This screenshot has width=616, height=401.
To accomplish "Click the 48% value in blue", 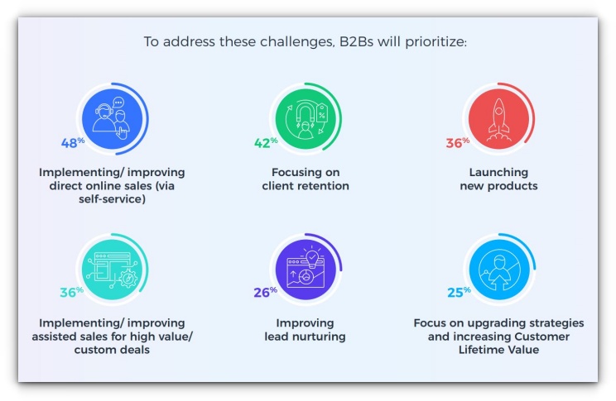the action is point(73,142).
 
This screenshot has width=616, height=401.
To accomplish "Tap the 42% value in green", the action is point(266,142).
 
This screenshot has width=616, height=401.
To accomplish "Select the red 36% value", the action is point(458,142).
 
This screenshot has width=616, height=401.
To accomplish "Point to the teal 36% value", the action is point(71,292).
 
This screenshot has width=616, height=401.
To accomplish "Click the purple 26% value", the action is point(265,292).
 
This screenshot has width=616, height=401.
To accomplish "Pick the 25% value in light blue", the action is point(459,292).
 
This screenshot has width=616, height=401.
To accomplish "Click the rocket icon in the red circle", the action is point(498,119).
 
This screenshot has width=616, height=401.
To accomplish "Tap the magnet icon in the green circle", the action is point(306,112).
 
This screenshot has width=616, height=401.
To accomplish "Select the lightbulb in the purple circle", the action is point(312,257).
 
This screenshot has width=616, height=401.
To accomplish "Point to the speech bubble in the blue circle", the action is point(118,103).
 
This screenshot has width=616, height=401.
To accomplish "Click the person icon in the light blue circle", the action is point(499,270).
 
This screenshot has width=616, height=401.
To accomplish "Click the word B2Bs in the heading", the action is point(356,41).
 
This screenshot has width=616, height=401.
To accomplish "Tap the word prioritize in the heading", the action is point(436,42).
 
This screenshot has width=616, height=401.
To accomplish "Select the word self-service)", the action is point(112,199).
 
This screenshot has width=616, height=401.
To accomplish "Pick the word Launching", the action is point(498,173).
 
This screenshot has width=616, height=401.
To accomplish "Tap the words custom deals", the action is point(112,350).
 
